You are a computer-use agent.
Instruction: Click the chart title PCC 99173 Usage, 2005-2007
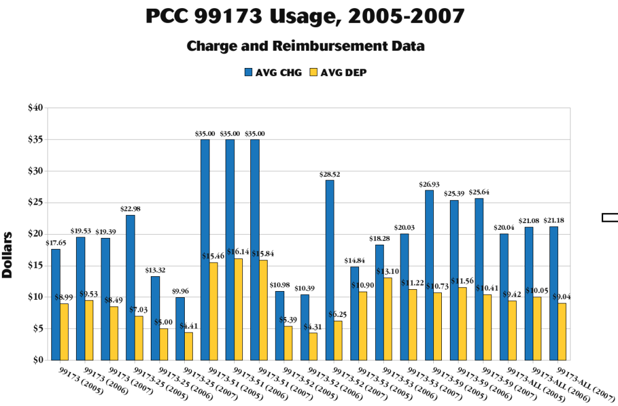click(x=305, y=17)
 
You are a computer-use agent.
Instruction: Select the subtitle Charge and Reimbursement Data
click(x=305, y=46)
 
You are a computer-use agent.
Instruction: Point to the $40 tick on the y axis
click(x=35, y=108)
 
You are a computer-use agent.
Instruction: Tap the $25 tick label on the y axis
click(x=35, y=202)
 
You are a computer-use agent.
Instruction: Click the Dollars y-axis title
click(x=8, y=255)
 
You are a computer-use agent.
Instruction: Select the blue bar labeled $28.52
click(x=329, y=269)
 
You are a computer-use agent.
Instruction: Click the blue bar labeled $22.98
click(x=130, y=287)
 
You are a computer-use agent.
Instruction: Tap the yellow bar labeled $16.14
click(x=239, y=309)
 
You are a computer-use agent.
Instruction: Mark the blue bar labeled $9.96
click(x=180, y=328)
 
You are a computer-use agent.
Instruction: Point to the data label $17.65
click(x=56, y=242)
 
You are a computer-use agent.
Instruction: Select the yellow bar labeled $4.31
click(x=313, y=346)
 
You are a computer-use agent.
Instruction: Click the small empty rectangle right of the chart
click(x=610, y=216)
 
